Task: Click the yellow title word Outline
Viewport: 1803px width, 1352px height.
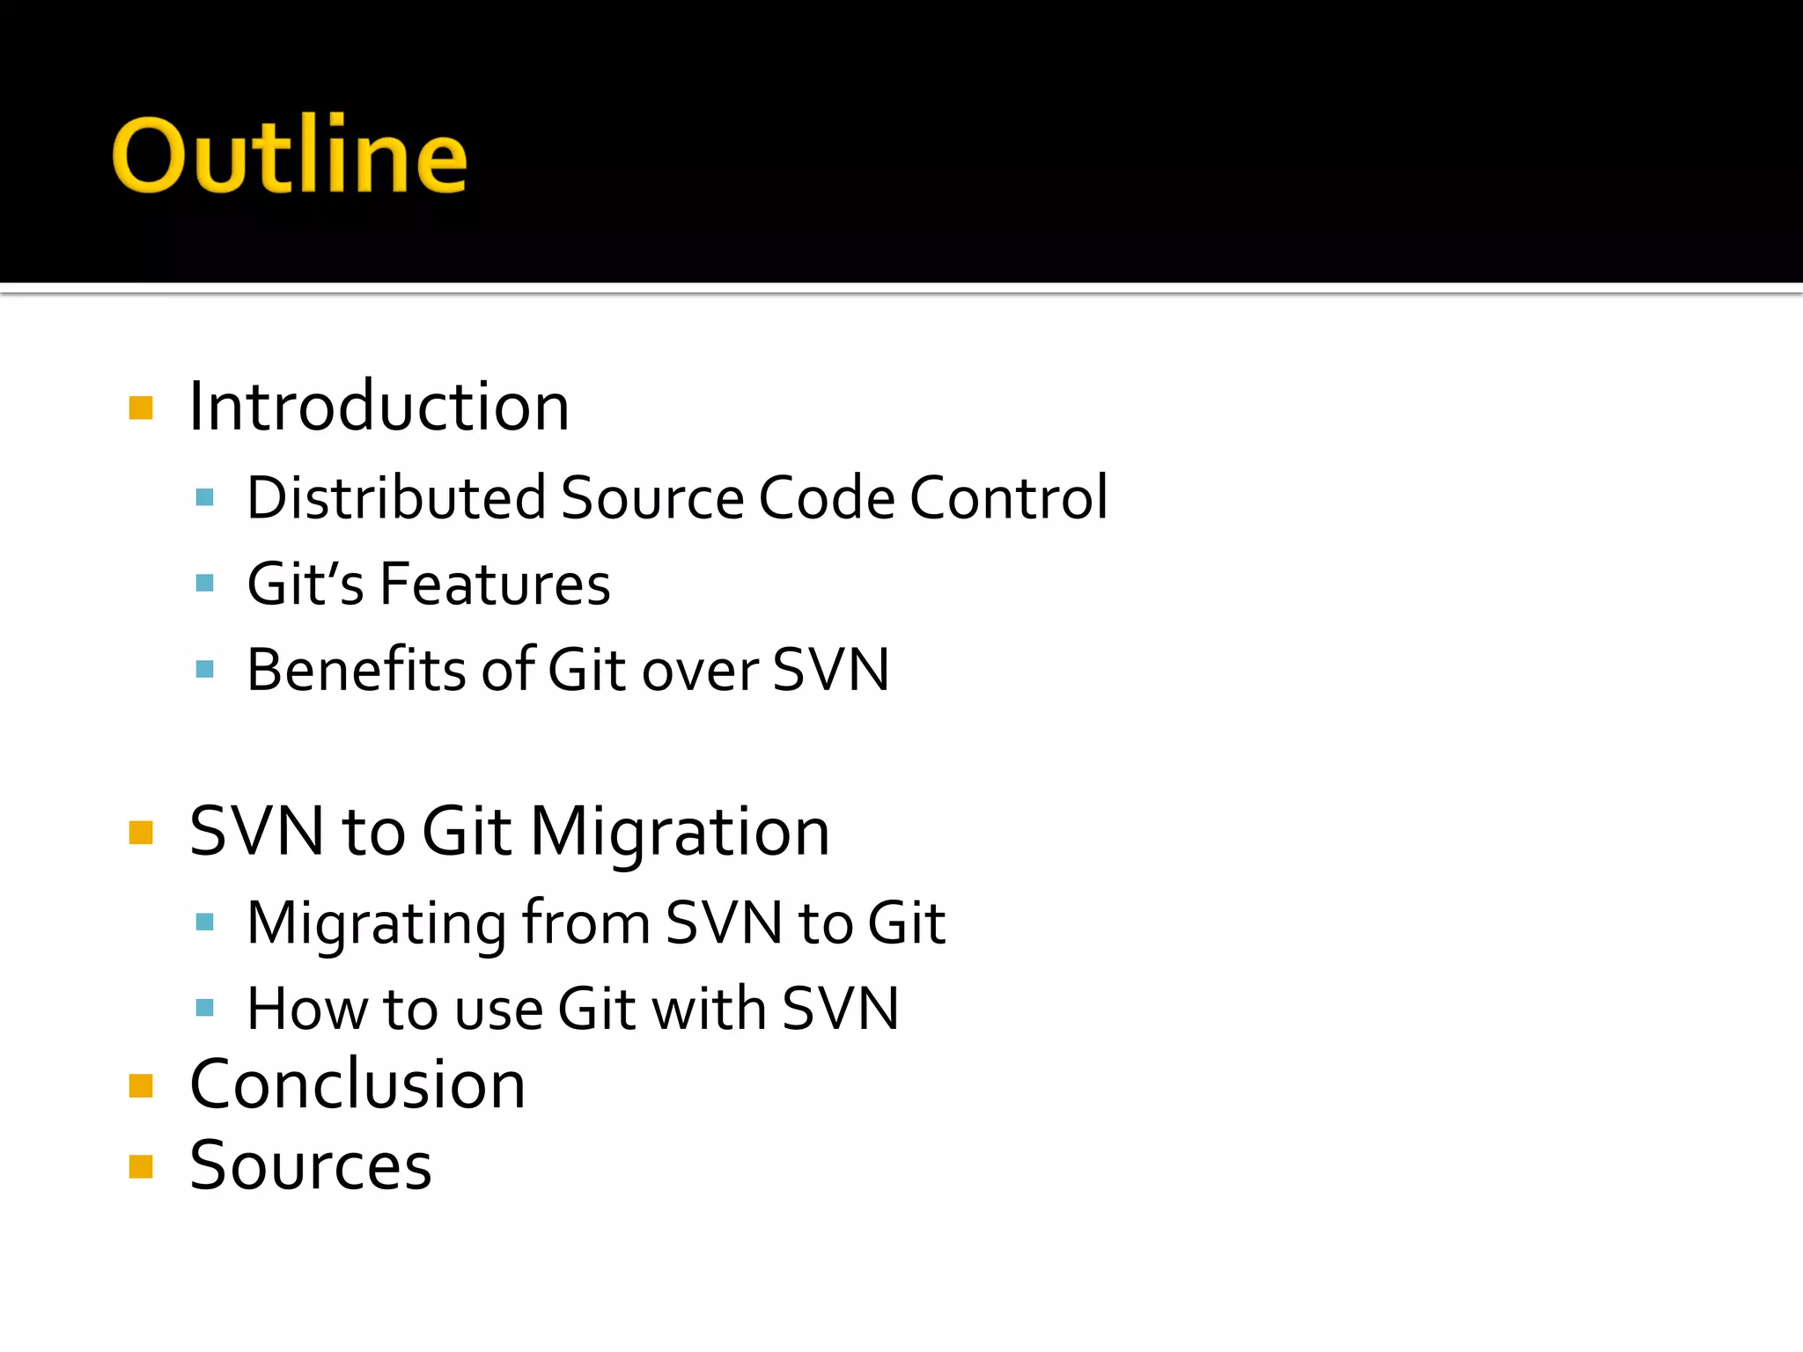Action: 289,156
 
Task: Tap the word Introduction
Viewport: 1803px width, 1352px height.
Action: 379,408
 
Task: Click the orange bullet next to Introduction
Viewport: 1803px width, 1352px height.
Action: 141,408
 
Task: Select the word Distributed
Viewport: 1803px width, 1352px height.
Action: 397,498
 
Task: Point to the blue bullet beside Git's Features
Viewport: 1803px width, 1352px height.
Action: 205,583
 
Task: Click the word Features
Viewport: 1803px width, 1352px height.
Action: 495,584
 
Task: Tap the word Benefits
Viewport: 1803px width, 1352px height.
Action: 356,670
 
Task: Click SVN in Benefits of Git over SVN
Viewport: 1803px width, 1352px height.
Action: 831,670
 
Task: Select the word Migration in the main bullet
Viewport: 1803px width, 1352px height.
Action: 680,832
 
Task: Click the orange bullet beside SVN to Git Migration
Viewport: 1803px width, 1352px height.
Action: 141,833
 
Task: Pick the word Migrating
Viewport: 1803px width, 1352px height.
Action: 376,924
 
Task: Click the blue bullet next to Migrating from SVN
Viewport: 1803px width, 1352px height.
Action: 205,922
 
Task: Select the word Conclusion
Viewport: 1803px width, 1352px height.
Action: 357,1084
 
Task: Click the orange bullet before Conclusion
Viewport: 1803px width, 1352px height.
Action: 141,1086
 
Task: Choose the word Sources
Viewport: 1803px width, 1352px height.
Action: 311,1166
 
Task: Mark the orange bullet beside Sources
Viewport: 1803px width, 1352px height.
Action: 141,1166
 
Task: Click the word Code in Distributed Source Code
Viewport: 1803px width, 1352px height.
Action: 826,498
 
